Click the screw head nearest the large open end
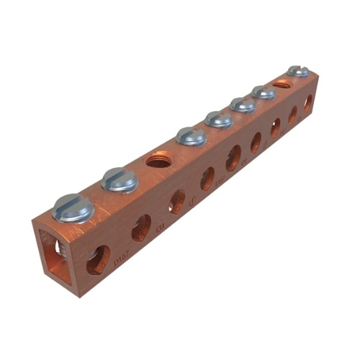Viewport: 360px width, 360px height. (x=73, y=208)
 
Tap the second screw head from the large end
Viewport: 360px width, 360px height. (x=120, y=180)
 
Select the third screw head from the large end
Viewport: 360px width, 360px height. (x=192, y=135)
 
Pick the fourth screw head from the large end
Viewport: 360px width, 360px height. (x=218, y=119)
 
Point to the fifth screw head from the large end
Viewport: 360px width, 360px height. (x=243, y=104)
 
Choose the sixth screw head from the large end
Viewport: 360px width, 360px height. (x=264, y=91)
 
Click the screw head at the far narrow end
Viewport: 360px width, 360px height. (x=298, y=71)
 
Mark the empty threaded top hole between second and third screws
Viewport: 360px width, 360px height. (x=157, y=158)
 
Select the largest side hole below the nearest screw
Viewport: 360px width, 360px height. (x=99, y=259)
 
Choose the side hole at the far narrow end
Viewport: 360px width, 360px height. (x=307, y=103)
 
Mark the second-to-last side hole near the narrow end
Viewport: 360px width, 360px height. (x=292, y=114)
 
